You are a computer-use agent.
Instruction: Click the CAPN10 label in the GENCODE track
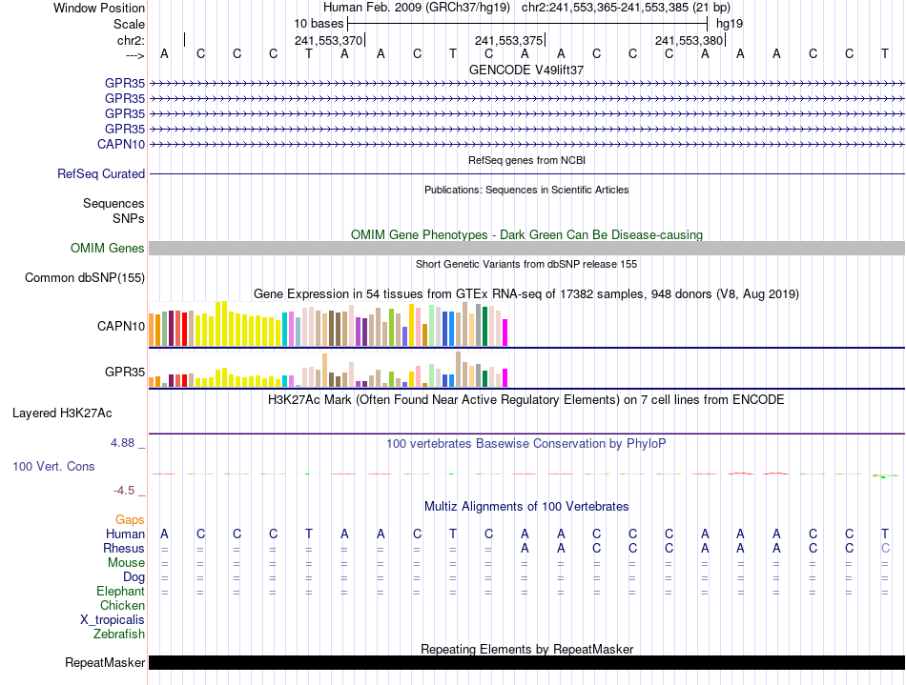point(121,144)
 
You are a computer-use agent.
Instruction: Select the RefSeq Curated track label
point(101,174)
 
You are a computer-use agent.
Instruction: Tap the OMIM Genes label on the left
point(108,249)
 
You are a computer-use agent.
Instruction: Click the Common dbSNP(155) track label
point(87,278)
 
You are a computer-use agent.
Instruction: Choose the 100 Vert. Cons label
point(53,467)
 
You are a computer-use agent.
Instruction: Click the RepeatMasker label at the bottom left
point(105,663)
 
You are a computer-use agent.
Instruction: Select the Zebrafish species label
point(119,635)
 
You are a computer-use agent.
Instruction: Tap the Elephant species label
point(120,592)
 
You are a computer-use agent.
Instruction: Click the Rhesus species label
point(124,549)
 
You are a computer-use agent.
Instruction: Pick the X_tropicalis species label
point(113,620)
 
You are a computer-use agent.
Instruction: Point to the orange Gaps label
point(130,520)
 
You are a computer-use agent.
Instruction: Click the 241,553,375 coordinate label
point(508,41)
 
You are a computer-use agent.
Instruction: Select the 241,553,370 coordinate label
point(328,41)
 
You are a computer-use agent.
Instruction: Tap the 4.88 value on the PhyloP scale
point(124,444)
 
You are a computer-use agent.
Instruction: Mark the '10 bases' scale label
point(319,23)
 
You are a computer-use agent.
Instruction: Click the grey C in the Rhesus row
point(885,549)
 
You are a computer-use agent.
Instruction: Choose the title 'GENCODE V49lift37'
point(526,70)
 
